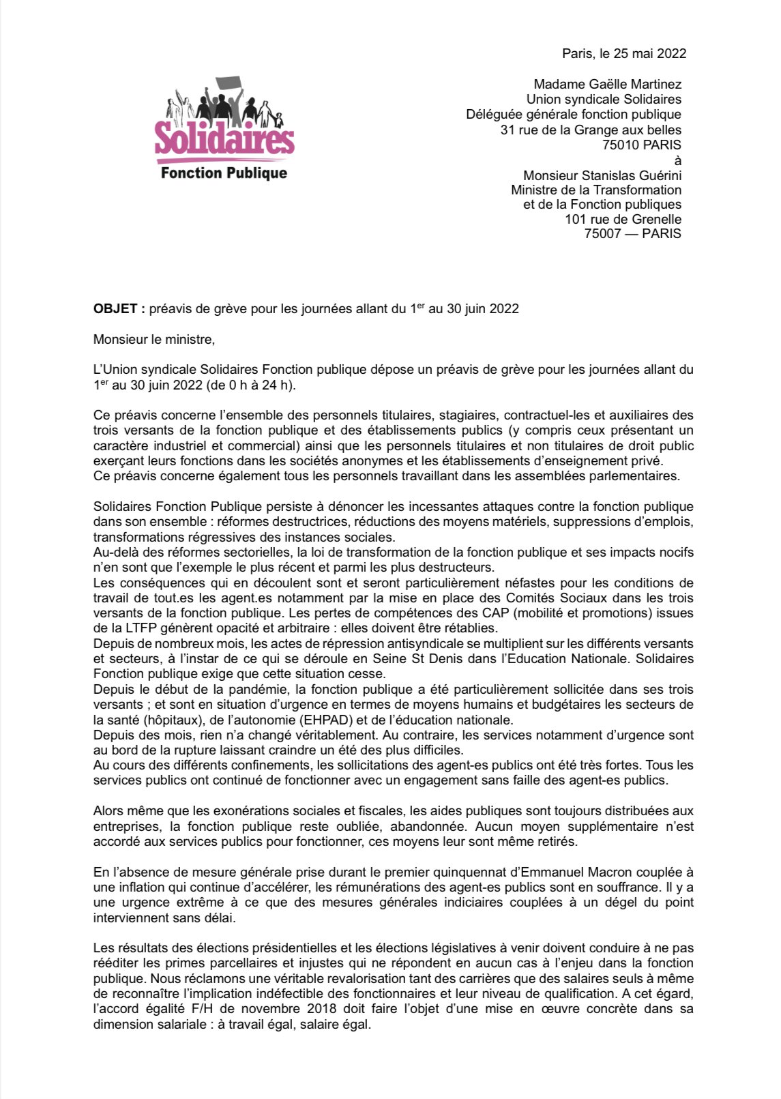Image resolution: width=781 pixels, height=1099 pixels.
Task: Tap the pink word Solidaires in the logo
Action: (224, 138)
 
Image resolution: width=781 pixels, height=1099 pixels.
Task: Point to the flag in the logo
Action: (229, 85)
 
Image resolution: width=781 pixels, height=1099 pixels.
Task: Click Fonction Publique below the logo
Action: (224, 173)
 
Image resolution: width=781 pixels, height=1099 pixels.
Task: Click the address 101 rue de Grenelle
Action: (623, 219)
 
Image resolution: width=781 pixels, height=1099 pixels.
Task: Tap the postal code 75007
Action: (602, 233)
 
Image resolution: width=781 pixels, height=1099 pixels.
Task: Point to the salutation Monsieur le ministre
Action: (154, 339)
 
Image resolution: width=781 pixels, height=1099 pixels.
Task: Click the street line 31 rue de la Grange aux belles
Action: (591, 130)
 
